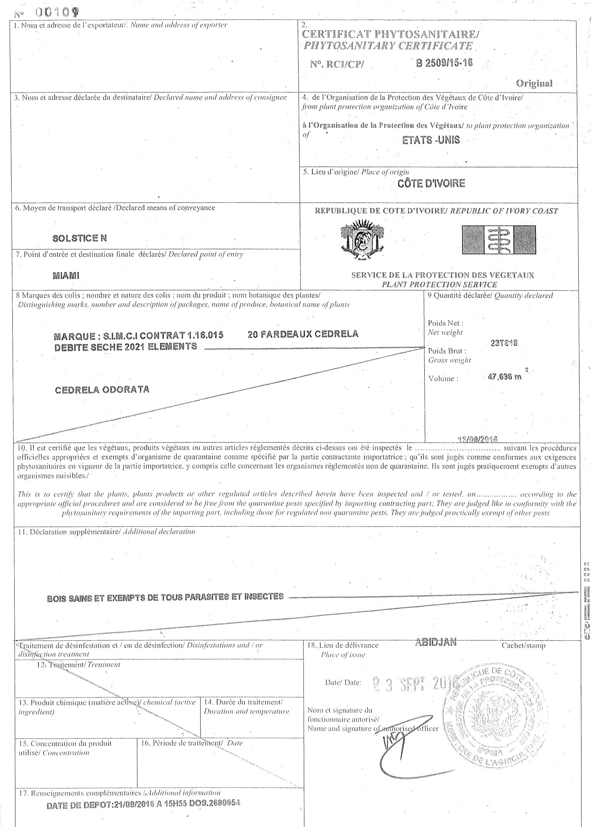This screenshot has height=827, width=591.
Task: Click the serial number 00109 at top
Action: pyautogui.click(x=57, y=13)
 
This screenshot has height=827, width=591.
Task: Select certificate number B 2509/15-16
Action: pyautogui.click(x=444, y=63)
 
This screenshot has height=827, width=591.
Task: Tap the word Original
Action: pyautogui.click(x=534, y=83)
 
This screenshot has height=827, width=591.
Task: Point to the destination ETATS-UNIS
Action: pyautogui.click(x=431, y=140)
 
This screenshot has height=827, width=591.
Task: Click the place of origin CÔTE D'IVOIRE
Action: pyautogui.click(x=431, y=183)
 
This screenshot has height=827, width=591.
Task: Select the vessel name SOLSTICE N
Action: pyautogui.click(x=79, y=238)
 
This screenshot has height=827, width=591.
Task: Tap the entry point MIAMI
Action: pyautogui.click(x=66, y=276)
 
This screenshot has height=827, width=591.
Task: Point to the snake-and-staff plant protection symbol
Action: pyautogui.click(x=498, y=239)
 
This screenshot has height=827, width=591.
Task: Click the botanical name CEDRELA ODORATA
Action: pyautogui.click(x=102, y=389)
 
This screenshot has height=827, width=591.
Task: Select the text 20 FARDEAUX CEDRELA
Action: pyautogui.click(x=303, y=334)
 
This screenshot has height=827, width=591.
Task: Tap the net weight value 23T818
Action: pyautogui.click(x=503, y=343)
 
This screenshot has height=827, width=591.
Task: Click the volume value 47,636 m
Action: pyautogui.click(x=505, y=377)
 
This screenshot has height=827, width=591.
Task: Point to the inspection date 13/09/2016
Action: pyautogui.click(x=477, y=439)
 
